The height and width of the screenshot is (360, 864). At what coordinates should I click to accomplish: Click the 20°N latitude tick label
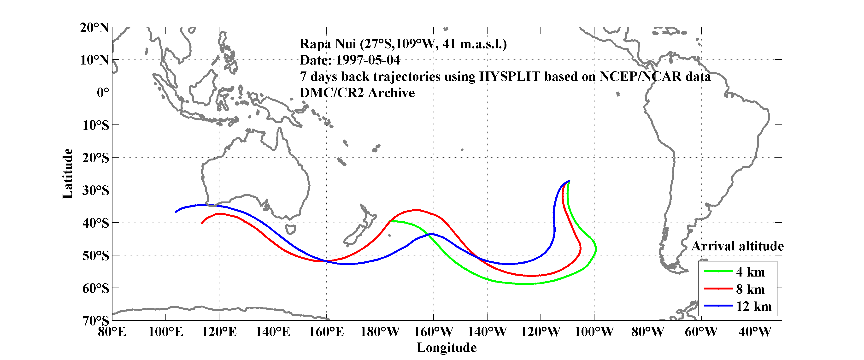[94, 28]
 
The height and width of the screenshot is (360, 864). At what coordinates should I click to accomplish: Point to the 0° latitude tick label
[103, 92]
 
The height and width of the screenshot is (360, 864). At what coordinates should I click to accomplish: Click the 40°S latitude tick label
[96, 223]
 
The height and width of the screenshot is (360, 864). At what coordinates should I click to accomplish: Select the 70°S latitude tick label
[96, 321]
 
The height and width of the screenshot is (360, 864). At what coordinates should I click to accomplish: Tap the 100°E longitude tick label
[166, 332]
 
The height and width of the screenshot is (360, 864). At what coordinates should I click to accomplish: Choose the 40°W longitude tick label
[755, 332]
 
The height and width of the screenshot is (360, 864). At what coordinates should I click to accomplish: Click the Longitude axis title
[447, 348]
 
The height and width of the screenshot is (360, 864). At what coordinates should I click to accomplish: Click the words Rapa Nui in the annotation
[328, 44]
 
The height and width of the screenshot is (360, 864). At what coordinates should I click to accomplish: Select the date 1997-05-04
[368, 60]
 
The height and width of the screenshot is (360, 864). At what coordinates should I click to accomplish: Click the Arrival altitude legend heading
[737, 246]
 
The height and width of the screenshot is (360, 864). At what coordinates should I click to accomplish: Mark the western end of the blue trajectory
[176, 212]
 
